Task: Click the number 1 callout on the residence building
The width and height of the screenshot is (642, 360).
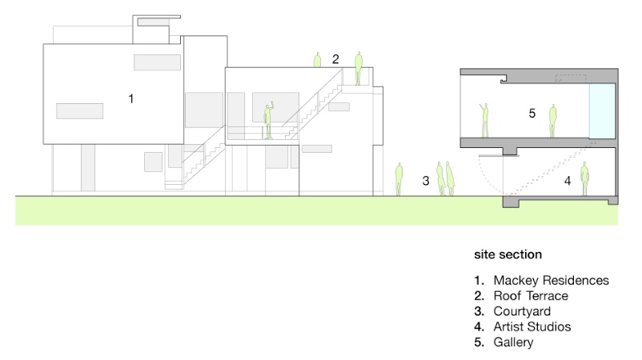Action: (x=130, y=98)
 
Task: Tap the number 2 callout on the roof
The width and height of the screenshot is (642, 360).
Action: (x=336, y=59)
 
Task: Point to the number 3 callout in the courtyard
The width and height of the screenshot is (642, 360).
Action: (x=426, y=182)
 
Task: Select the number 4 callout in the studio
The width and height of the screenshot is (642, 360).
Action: (x=568, y=182)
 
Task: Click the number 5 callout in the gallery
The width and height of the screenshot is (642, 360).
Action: (x=532, y=114)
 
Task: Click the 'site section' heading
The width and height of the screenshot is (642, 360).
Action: (x=508, y=254)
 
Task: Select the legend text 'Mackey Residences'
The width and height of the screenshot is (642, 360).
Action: (x=551, y=280)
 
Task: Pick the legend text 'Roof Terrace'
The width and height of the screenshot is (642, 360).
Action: (x=531, y=296)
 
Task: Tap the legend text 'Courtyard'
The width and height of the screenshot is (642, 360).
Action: (x=522, y=311)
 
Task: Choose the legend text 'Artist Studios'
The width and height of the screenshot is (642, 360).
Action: (x=532, y=326)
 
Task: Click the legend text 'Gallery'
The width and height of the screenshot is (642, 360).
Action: (x=513, y=342)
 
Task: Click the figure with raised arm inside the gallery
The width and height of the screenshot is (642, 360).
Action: (x=484, y=119)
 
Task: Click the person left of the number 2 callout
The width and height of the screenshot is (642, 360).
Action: (x=317, y=60)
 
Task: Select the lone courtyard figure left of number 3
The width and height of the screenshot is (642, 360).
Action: (x=399, y=179)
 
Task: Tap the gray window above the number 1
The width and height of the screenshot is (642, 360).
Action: (x=157, y=62)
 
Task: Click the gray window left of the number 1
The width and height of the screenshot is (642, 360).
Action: (x=79, y=110)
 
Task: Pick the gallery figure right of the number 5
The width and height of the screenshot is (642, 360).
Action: (x=552, y=120)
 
